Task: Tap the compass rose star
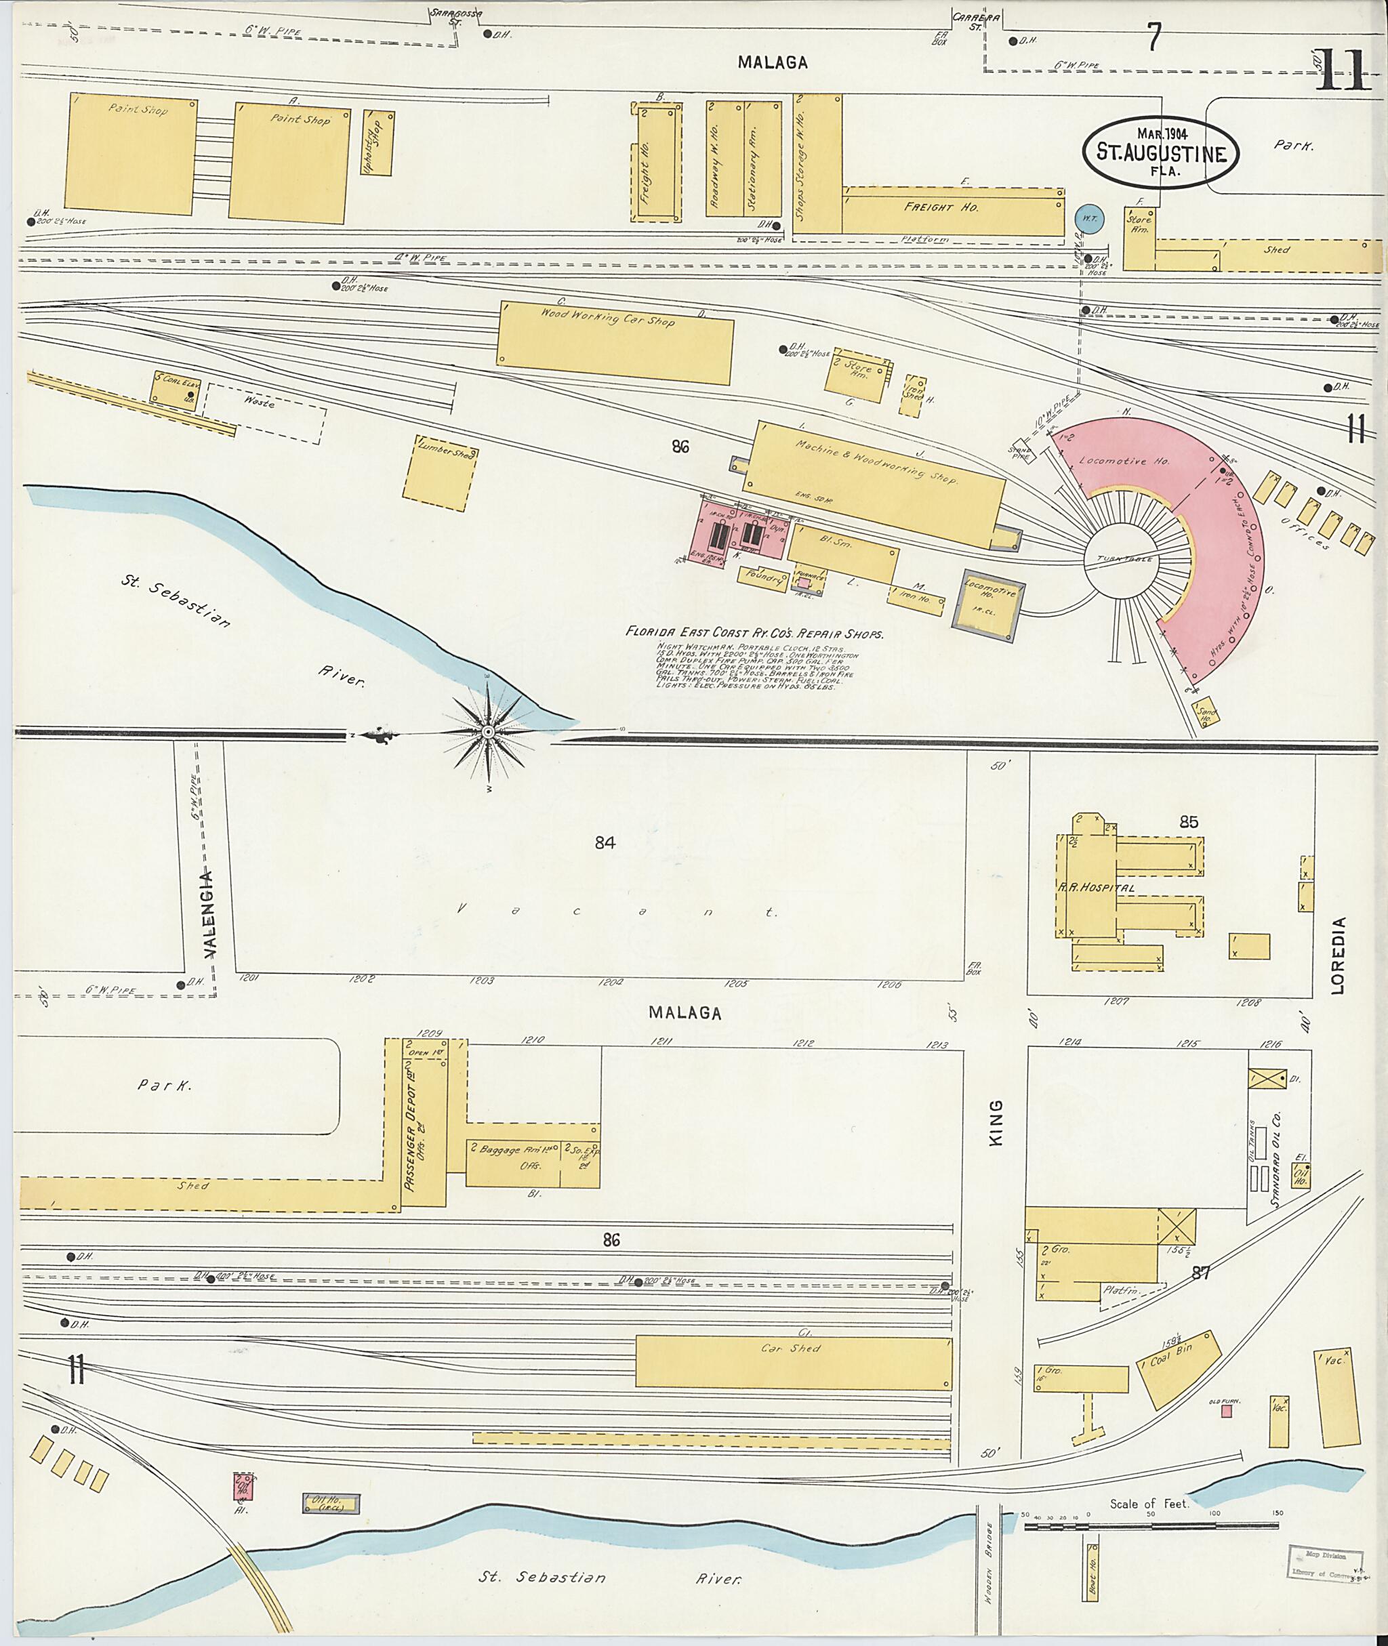[x=489, y=733]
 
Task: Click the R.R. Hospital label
[x=1096, y=888]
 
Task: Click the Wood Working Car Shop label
[x=607, y=316]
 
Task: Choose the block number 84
[x=605, y=844]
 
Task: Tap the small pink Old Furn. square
[x=1225, y=1411]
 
